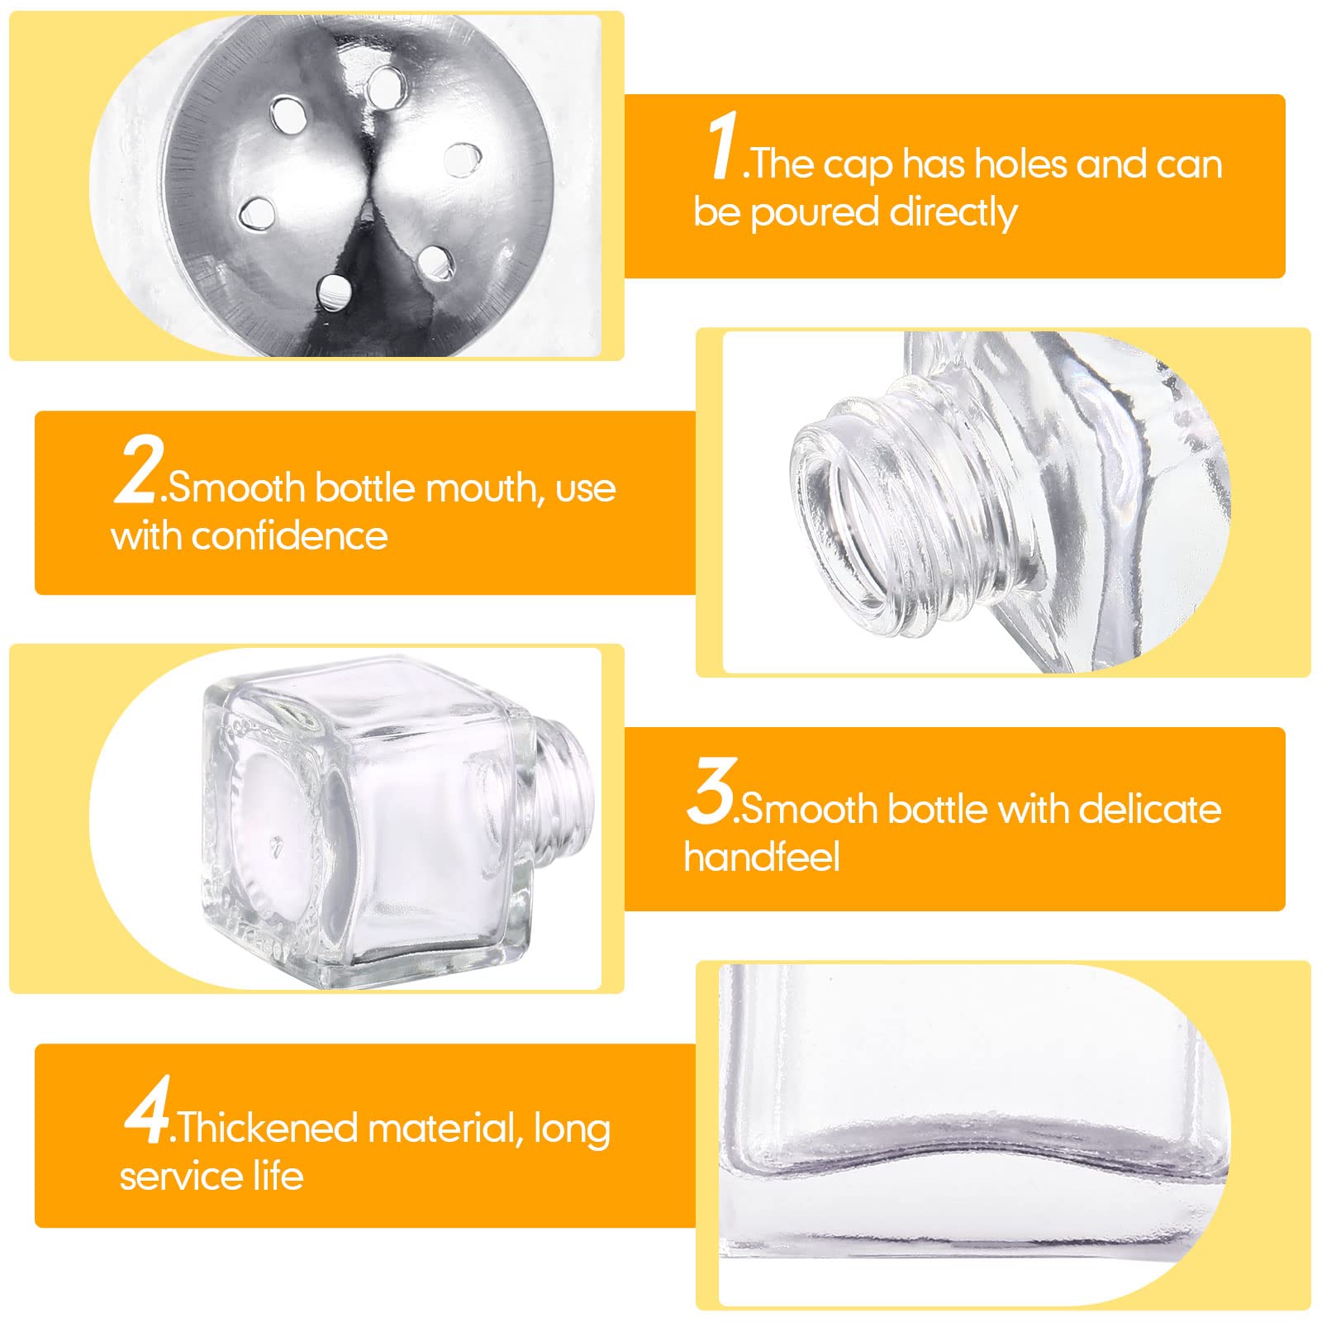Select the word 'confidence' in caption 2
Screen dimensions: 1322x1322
290,535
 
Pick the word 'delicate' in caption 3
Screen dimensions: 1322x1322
1149,808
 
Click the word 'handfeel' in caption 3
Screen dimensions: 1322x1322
762,856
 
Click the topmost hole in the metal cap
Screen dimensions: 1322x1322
385,87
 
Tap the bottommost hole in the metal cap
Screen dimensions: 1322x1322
335,292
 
